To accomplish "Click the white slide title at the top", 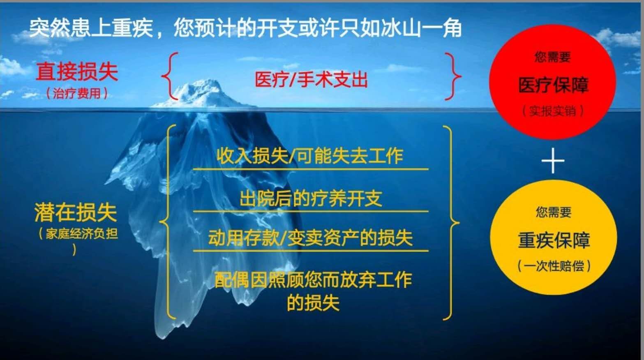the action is pos(245,28).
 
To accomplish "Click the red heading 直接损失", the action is pos(77,72).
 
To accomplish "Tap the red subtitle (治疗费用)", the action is pos(77,94).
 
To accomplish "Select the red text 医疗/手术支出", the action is pos(312,79).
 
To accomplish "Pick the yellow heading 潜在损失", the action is pos(76,212).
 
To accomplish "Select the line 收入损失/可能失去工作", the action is pos(309,156).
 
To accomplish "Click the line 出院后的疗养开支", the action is pos(311,198).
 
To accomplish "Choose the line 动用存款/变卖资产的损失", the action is pos(311,238).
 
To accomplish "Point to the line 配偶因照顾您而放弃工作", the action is pos(313,280).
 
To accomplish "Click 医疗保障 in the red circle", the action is pos(553,85).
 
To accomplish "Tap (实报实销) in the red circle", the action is pos(553,111).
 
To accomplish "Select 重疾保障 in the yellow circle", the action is pos(554,240).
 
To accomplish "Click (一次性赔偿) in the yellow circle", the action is pos(554,266).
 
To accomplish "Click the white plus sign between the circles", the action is pos(553,161).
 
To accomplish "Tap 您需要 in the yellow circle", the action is pos(554,212).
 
